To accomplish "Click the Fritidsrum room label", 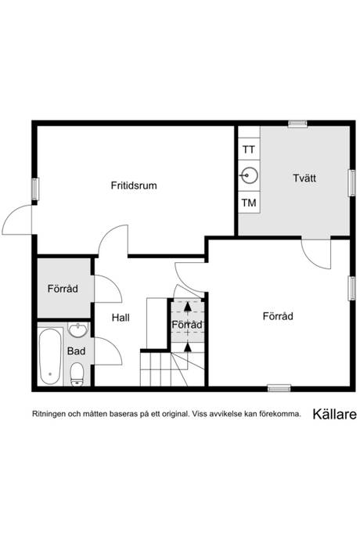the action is tap(134, 185).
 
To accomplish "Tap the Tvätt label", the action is tap(304, 178).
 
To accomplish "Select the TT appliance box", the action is tap(249, 149).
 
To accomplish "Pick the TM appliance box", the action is tap(249, 203).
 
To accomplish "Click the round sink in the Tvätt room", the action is tap(250, 176).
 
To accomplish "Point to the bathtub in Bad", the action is tap(50, 357).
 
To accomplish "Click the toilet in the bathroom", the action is tap(77, 374).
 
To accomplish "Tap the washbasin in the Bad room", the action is tap(78, 329).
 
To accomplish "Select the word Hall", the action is tap(121, 318).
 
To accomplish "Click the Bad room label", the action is tap(76, 351).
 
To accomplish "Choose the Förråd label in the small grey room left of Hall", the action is tap(63, 288).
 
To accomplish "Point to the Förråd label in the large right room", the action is tap(278, 316).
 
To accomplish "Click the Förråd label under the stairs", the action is tap(187, 325).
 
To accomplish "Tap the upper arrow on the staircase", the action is tap(187, 307).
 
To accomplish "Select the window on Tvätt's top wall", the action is tap(297, 124).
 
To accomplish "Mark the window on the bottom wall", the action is tap(279, 388).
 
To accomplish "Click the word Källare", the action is tap(334, 414).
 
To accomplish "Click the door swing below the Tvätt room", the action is tap(316, 254).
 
